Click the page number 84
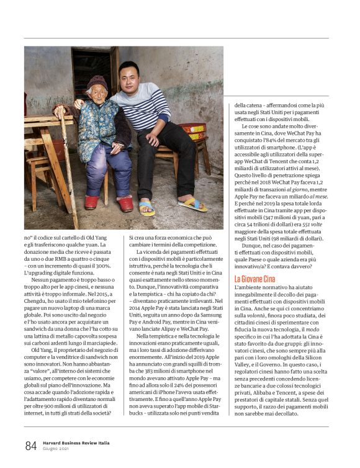(30, 445)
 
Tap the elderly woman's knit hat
(96, 83)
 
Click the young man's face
(129, 75)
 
